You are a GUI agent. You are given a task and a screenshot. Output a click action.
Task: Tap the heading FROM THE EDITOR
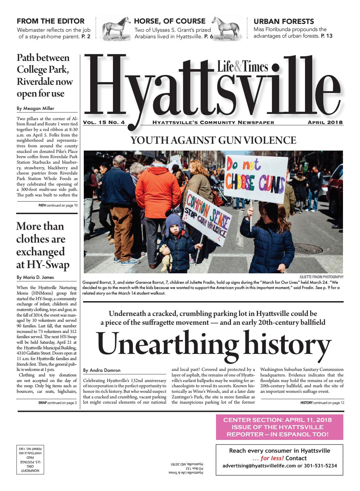pyautogui.click(x=51, y=21)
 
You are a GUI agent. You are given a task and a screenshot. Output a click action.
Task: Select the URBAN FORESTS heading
pyautogui.click(x=284, y=22)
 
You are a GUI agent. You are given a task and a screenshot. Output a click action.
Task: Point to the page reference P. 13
pyautogui.click(x=326, y=36)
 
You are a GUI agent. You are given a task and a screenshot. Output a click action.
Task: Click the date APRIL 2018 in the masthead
pyautogui.click(x=325, y=123)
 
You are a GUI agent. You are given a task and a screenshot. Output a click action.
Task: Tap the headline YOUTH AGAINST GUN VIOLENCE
pyautogui.click(x=213, y=140)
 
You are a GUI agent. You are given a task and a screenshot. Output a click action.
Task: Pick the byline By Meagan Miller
pyautogui.click(x=35, y=109)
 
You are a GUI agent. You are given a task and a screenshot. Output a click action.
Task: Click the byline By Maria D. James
pyautogui.click(x=35, y=277)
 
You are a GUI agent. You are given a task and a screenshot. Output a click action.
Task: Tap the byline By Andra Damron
pyautogui.click(x=101, y=370)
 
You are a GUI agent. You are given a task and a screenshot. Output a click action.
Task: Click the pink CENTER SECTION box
pyautogui.click(x=279, y=427)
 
